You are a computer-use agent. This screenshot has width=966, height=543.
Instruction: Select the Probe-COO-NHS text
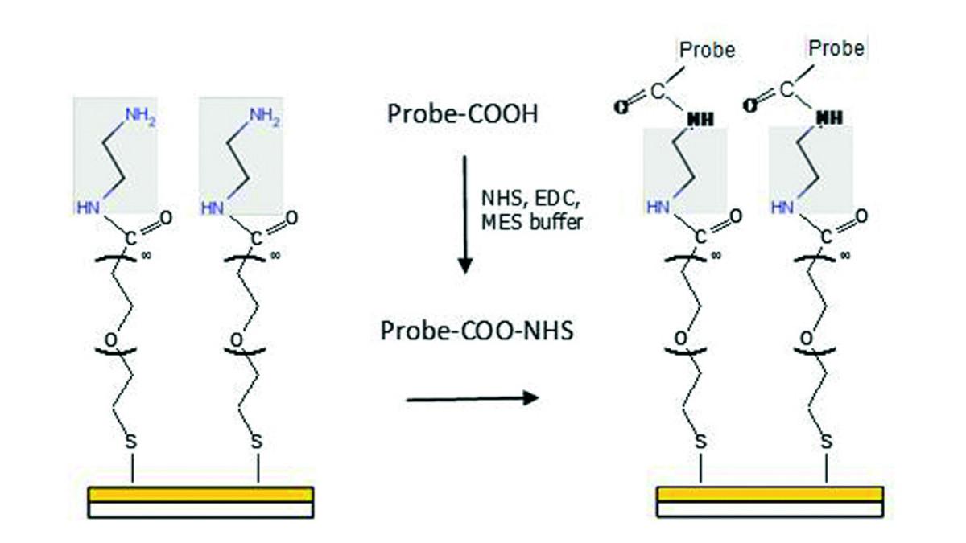pos(477,331)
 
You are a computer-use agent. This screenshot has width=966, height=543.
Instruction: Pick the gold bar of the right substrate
pos(770,494)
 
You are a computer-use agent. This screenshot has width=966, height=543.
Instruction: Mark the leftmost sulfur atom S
pos(130,442)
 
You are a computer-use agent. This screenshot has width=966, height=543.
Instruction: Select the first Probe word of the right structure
pos(708,50)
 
